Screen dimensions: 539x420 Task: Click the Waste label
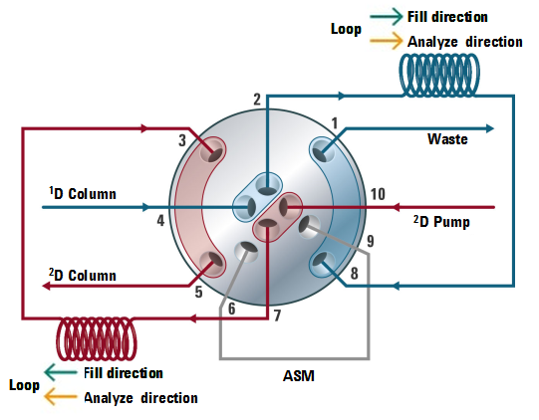point(447,139)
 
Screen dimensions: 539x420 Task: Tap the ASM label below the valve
point(298,375)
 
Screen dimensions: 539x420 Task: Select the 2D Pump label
point(441,222)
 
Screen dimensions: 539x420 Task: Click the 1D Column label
point(83,193)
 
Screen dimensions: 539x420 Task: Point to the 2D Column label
point(83,275)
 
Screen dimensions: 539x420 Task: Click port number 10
point(378,194)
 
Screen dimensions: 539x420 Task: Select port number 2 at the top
point(257,100)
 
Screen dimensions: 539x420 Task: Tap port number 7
point(277,315)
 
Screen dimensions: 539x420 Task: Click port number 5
point(198,292)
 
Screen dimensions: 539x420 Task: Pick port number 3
point(182,140)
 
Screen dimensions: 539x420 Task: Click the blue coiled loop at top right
point(439,75)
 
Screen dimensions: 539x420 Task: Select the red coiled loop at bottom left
point(97,338)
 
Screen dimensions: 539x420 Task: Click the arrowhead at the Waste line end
point(489,128)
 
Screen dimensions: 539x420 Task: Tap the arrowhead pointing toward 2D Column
point(47,286)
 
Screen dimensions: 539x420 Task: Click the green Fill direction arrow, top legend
point(386,17)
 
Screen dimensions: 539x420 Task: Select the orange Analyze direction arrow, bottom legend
point(61,397)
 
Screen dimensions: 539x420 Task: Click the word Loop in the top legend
point(346,30)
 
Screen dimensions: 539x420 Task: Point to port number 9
point(371,241)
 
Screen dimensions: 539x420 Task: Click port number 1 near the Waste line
point(335,123)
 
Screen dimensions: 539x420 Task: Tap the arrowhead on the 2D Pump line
point(396,207)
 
